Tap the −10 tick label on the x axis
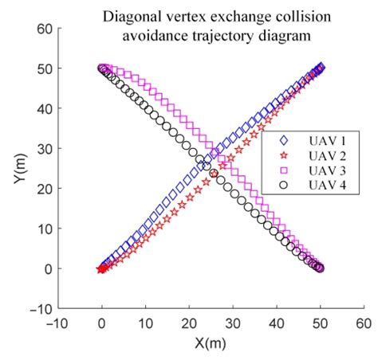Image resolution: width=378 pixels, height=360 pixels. tap(57, 323)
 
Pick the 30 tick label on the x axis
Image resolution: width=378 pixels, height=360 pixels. tap(233, 323)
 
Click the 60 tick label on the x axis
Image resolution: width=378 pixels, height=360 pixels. tap(364, 323)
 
